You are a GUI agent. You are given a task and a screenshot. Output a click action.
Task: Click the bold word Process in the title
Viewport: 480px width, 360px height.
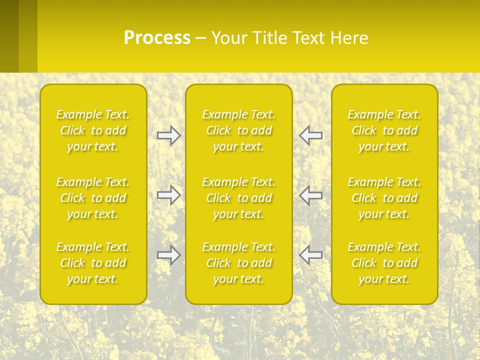coord(157,38)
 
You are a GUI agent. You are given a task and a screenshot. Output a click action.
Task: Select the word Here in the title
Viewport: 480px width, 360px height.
coord(348,38)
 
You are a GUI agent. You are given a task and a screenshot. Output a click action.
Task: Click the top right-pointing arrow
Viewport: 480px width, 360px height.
coord(168,135)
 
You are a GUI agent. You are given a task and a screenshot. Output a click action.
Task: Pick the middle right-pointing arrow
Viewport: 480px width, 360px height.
coord(168,195)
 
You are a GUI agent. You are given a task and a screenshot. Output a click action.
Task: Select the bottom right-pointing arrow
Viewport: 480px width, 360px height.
coord(168,255)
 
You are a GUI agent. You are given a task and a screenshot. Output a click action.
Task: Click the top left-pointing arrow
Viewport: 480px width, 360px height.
coord(310,135)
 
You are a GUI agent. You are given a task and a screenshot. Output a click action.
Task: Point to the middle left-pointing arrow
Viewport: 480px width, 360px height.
coord(310,195)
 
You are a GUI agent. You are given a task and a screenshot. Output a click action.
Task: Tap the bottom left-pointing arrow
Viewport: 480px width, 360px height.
coord(310,255)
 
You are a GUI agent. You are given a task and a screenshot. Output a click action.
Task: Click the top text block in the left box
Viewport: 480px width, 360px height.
coord(93,130)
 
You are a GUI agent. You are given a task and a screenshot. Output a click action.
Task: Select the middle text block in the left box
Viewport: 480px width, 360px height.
coord(93,198)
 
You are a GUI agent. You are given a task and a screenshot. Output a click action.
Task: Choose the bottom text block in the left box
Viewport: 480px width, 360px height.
coord(93,263)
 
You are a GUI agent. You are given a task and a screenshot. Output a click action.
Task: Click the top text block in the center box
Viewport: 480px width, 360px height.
coord(239,130)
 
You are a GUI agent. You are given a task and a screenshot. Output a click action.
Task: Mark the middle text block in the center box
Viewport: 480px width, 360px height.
coord(239,198)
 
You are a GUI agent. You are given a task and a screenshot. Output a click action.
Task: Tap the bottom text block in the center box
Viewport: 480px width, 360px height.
coord(239,263)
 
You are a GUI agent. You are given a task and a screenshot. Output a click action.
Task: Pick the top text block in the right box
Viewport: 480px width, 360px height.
coord(384,130)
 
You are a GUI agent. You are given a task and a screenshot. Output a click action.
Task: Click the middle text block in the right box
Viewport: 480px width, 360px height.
coord(384,198)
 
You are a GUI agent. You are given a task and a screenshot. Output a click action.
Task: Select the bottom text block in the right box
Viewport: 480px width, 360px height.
coord(384,263)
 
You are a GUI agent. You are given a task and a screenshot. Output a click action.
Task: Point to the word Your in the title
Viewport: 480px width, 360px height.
coord(229,38)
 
